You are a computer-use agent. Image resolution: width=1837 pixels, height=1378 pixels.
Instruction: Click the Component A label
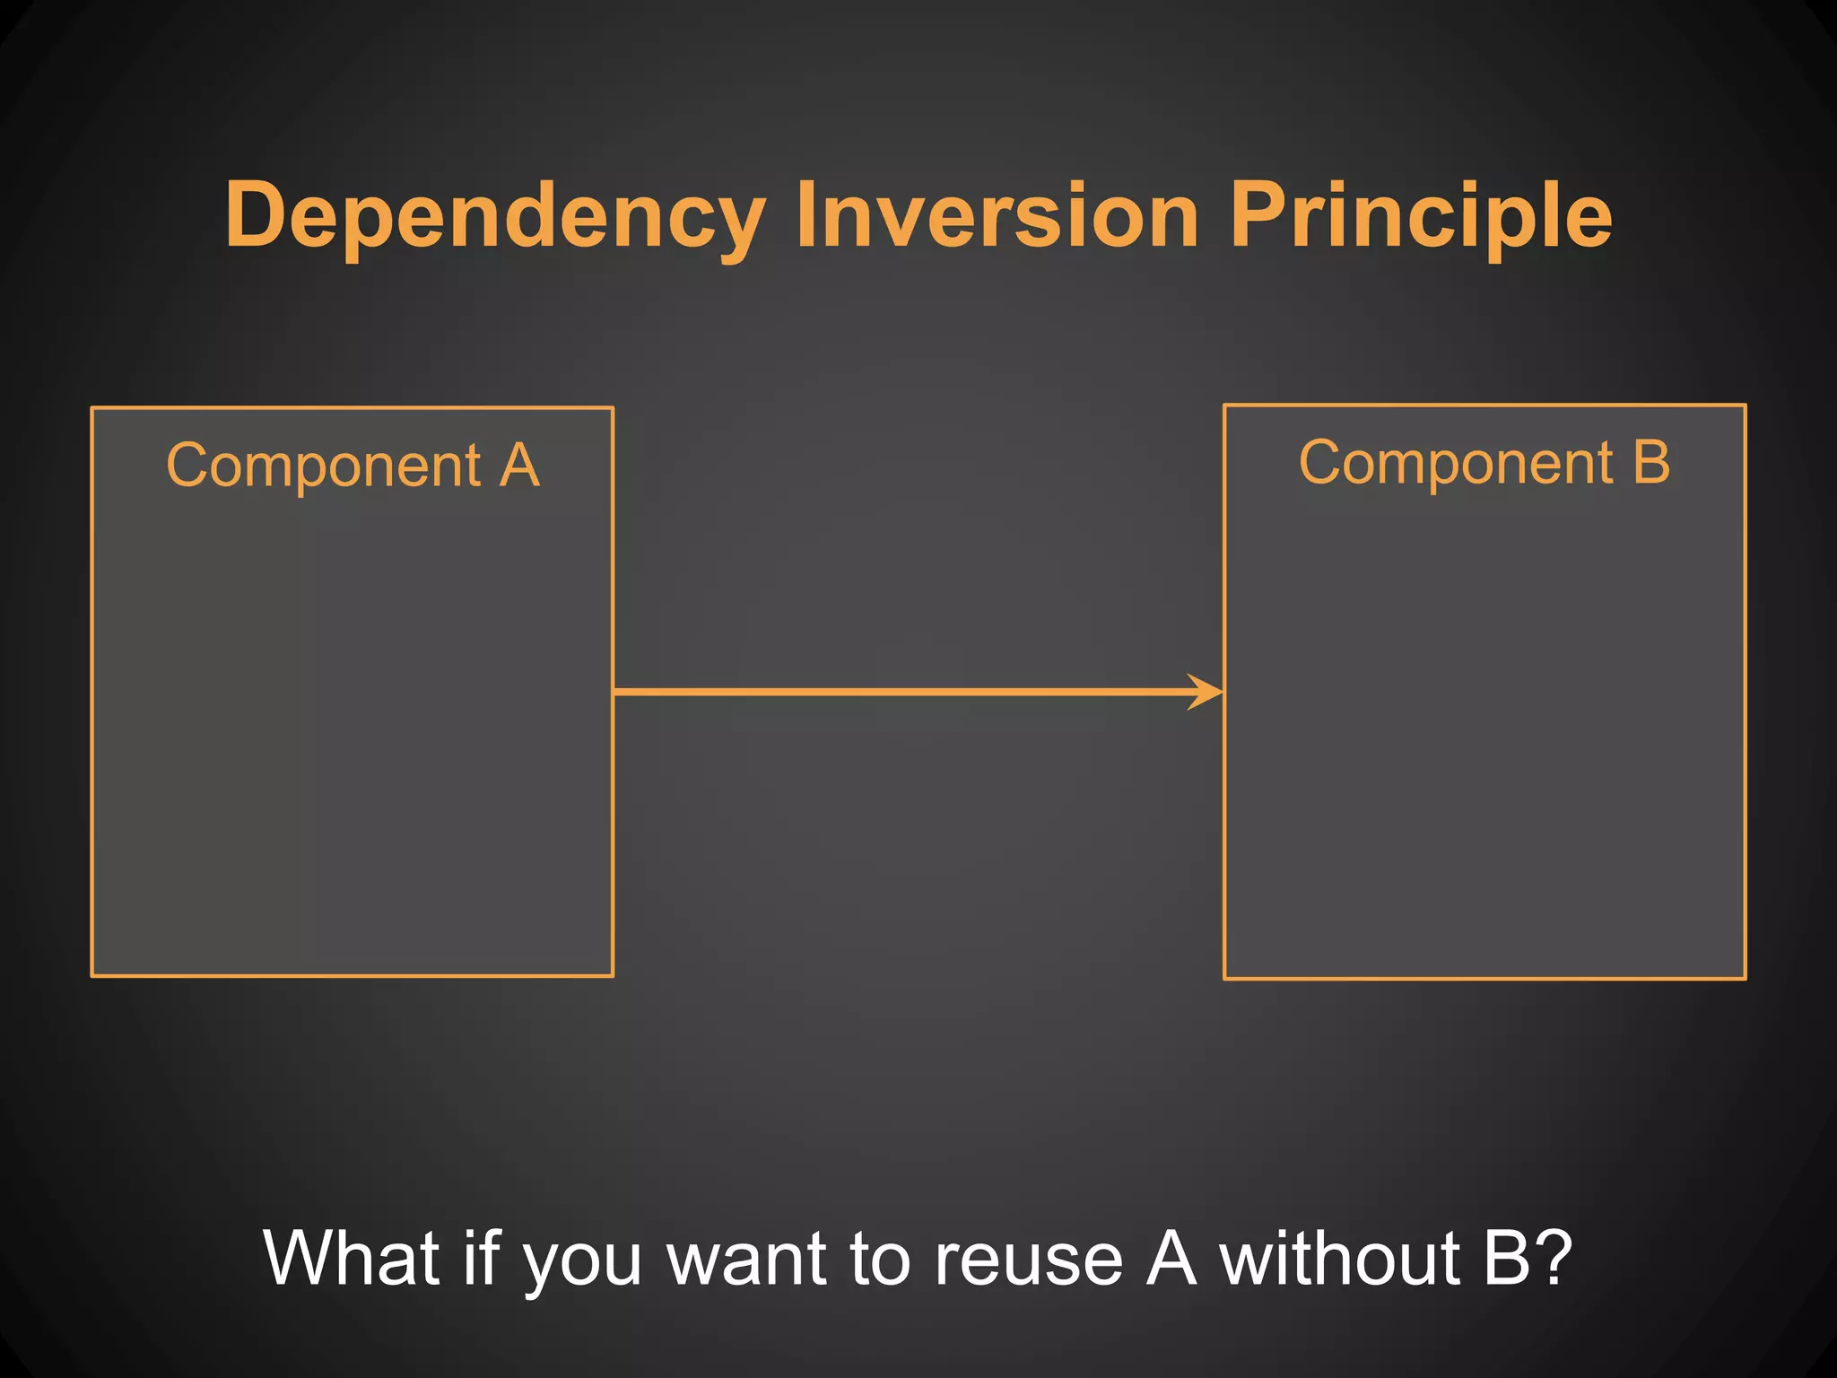tap(353, 466)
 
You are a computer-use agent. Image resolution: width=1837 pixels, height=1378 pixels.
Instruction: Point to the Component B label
tap(1484, 463)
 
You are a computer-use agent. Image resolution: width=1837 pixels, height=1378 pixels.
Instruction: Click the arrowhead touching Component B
tap(1208, 692)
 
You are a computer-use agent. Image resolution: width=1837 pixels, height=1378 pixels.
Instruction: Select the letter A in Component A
tap(519, 466)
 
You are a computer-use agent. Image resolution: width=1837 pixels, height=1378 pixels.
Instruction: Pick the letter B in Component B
tap(1651, 463)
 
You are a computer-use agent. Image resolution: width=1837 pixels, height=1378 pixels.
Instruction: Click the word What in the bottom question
tap(353, 1258)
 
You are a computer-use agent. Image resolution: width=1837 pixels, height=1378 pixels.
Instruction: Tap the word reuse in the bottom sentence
tap(1028, 1258)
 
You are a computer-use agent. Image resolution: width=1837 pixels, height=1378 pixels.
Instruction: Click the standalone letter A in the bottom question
tap(1171, 1258)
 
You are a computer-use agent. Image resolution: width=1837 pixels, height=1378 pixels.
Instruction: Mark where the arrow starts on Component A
tap(615, 692)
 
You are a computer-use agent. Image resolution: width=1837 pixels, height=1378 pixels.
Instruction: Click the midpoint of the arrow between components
tap(918, 692)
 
